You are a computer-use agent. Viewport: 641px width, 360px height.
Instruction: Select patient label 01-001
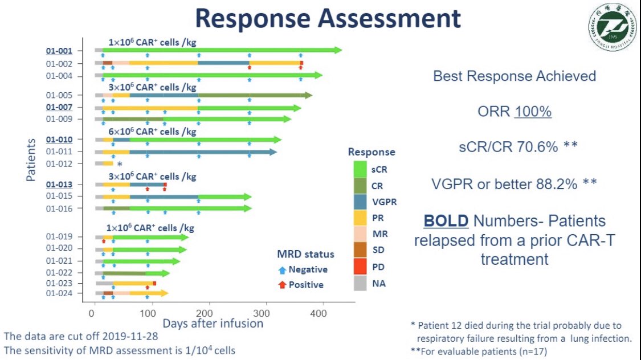[x=59, y=51]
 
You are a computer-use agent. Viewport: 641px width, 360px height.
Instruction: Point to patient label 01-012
[x=59, y=164]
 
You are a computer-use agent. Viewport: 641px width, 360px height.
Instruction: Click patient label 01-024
[x=59, y=294]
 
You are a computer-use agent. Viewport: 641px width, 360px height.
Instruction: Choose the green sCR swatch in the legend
[x=360, y=169]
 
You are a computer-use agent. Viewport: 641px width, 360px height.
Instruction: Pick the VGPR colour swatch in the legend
[x=360, y=202]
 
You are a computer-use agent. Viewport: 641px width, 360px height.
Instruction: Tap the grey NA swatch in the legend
[x=360, y=283]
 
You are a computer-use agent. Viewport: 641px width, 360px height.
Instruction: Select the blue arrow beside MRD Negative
[x=281, y=270]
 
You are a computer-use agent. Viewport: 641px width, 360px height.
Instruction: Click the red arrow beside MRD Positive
[x=281, y=285]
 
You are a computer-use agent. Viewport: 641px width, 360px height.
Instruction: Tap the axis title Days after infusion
[x=213, y=324]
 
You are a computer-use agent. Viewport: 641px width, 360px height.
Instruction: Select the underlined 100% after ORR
[x=533, y=112]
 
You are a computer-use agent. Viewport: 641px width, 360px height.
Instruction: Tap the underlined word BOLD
[x=445, y=221]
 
